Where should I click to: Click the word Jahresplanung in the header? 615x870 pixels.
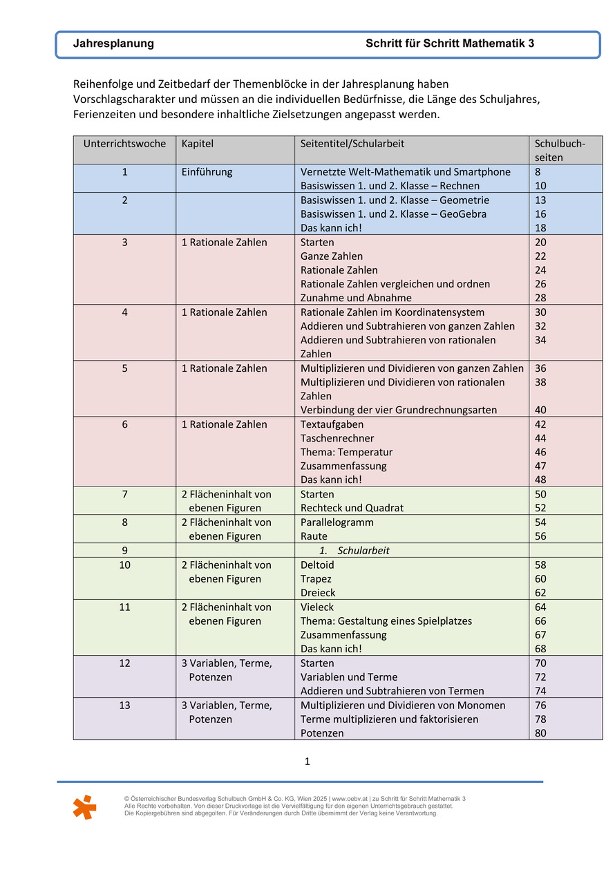(113, 44)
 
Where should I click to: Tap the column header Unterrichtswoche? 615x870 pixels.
(125, 144)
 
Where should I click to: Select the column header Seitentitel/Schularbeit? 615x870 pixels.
(352, 144)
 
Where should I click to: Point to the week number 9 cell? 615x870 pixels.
(125, 551)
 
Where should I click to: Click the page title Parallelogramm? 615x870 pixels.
(337, 522)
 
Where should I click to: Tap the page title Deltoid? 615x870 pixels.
(317, 565)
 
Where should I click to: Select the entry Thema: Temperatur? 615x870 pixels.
(346, 452)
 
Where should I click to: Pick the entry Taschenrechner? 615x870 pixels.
(337, 438)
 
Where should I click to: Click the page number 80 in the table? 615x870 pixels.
(540, 733)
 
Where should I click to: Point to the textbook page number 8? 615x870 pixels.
(538, 172)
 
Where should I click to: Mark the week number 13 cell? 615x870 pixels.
(125, 706)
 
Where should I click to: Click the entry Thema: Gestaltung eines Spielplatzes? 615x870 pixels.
(386, 621)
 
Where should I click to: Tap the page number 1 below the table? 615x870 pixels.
(307, 762)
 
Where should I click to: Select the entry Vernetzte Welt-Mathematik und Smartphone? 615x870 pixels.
(406, 172)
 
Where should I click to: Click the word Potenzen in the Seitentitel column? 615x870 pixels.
(322, 733)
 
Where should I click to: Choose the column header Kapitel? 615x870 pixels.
(198, 144)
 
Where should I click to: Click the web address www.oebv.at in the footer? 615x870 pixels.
(350, 799)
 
